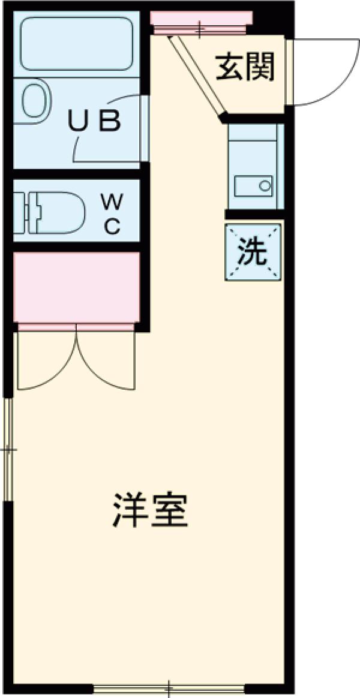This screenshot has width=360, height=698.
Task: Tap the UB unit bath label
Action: pos(94,122)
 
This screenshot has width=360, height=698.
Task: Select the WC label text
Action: pos(110,213)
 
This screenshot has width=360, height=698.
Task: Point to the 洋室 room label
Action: pos(150,510)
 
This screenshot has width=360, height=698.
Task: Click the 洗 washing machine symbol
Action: pos(253,252)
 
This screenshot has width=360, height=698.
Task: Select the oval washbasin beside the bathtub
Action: pos(33,101)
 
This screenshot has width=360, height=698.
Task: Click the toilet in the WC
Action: pos(57,212)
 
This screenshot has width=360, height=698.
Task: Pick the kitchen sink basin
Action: pos(254,185)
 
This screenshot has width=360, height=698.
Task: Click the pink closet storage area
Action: pos(76,287)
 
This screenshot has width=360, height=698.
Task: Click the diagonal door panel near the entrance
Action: pos(197,75)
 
